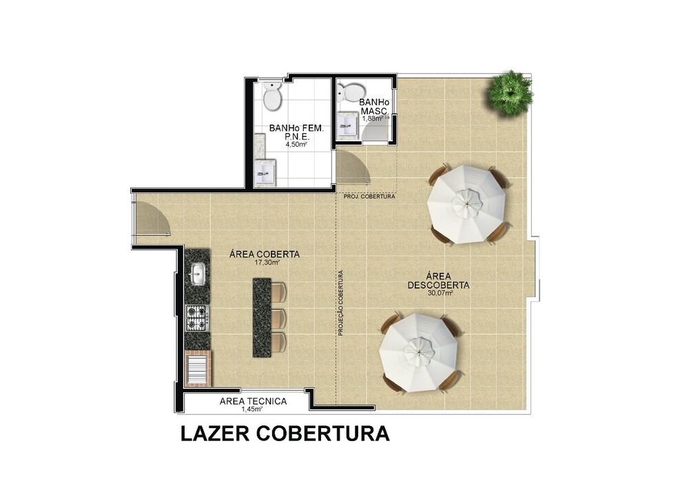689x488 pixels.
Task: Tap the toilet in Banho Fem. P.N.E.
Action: pos(272,96)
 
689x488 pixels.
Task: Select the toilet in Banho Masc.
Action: pos(352,92)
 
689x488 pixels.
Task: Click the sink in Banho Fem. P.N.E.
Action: pos(265,172)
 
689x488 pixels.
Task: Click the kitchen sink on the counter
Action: pos(197,274)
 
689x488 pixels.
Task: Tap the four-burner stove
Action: pos(197,318)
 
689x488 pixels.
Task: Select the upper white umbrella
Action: pos(466,203)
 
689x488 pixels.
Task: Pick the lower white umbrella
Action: pos(419,352)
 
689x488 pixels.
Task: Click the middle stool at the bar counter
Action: pos(278,318)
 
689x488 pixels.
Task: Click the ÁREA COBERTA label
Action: pos(265,254)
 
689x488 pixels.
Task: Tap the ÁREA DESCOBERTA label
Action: pos(438,279)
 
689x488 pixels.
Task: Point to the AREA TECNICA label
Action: pos(253,401)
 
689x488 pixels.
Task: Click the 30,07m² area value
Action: pos(440,293)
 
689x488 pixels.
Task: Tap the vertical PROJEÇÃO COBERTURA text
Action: pos(340,303)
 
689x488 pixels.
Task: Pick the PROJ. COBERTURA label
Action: pos(369,197)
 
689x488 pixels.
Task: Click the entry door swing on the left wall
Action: pos(152,219)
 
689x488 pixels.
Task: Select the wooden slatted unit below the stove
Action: pos(198,368)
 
